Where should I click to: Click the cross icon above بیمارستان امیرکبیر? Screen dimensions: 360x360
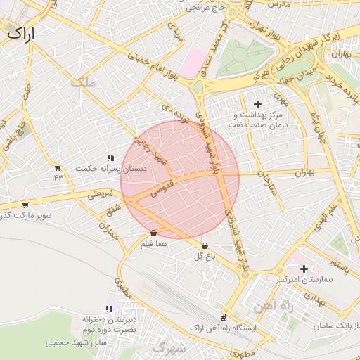click(304, 269)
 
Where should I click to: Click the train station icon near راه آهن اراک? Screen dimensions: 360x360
click(224, 317)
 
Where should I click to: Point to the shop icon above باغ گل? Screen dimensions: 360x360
click(205, 246)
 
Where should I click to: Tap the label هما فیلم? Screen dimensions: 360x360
click(153, 244)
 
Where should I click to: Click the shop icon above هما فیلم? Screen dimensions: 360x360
click(153, 233)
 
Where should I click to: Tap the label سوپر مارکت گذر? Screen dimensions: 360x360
click(27, 216)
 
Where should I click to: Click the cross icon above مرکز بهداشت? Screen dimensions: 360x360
click(257, 104)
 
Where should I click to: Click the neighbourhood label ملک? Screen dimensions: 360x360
click(82, 83)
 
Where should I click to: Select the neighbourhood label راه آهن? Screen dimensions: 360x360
click(276, 305)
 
